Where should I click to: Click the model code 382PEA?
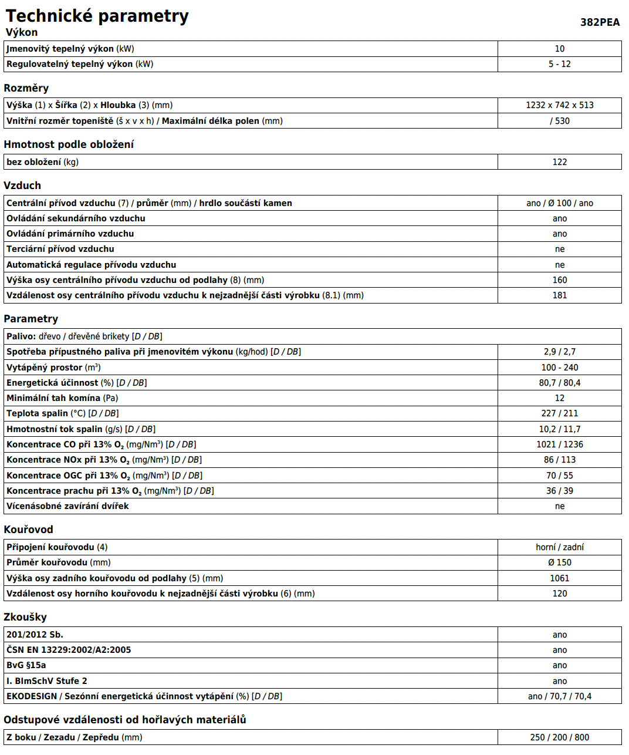600,22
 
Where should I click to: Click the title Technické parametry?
97,16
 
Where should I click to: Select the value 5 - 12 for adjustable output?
559,64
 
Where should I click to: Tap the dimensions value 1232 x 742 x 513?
559,105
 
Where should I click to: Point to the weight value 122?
559,162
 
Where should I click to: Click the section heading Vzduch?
22,186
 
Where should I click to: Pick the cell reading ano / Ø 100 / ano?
559,203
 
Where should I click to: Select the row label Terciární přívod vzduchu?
60,249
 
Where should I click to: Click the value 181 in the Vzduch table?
559,295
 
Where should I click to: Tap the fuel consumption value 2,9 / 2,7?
559,352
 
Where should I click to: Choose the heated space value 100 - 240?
559,368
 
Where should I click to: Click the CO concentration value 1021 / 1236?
559,444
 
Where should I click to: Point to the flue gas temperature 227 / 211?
559,413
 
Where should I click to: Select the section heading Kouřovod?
28,530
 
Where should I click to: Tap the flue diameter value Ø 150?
559,562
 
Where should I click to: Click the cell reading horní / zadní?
559,547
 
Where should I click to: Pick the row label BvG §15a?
26,665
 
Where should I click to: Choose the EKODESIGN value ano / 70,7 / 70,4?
559,696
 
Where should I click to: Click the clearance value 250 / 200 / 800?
559,737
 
